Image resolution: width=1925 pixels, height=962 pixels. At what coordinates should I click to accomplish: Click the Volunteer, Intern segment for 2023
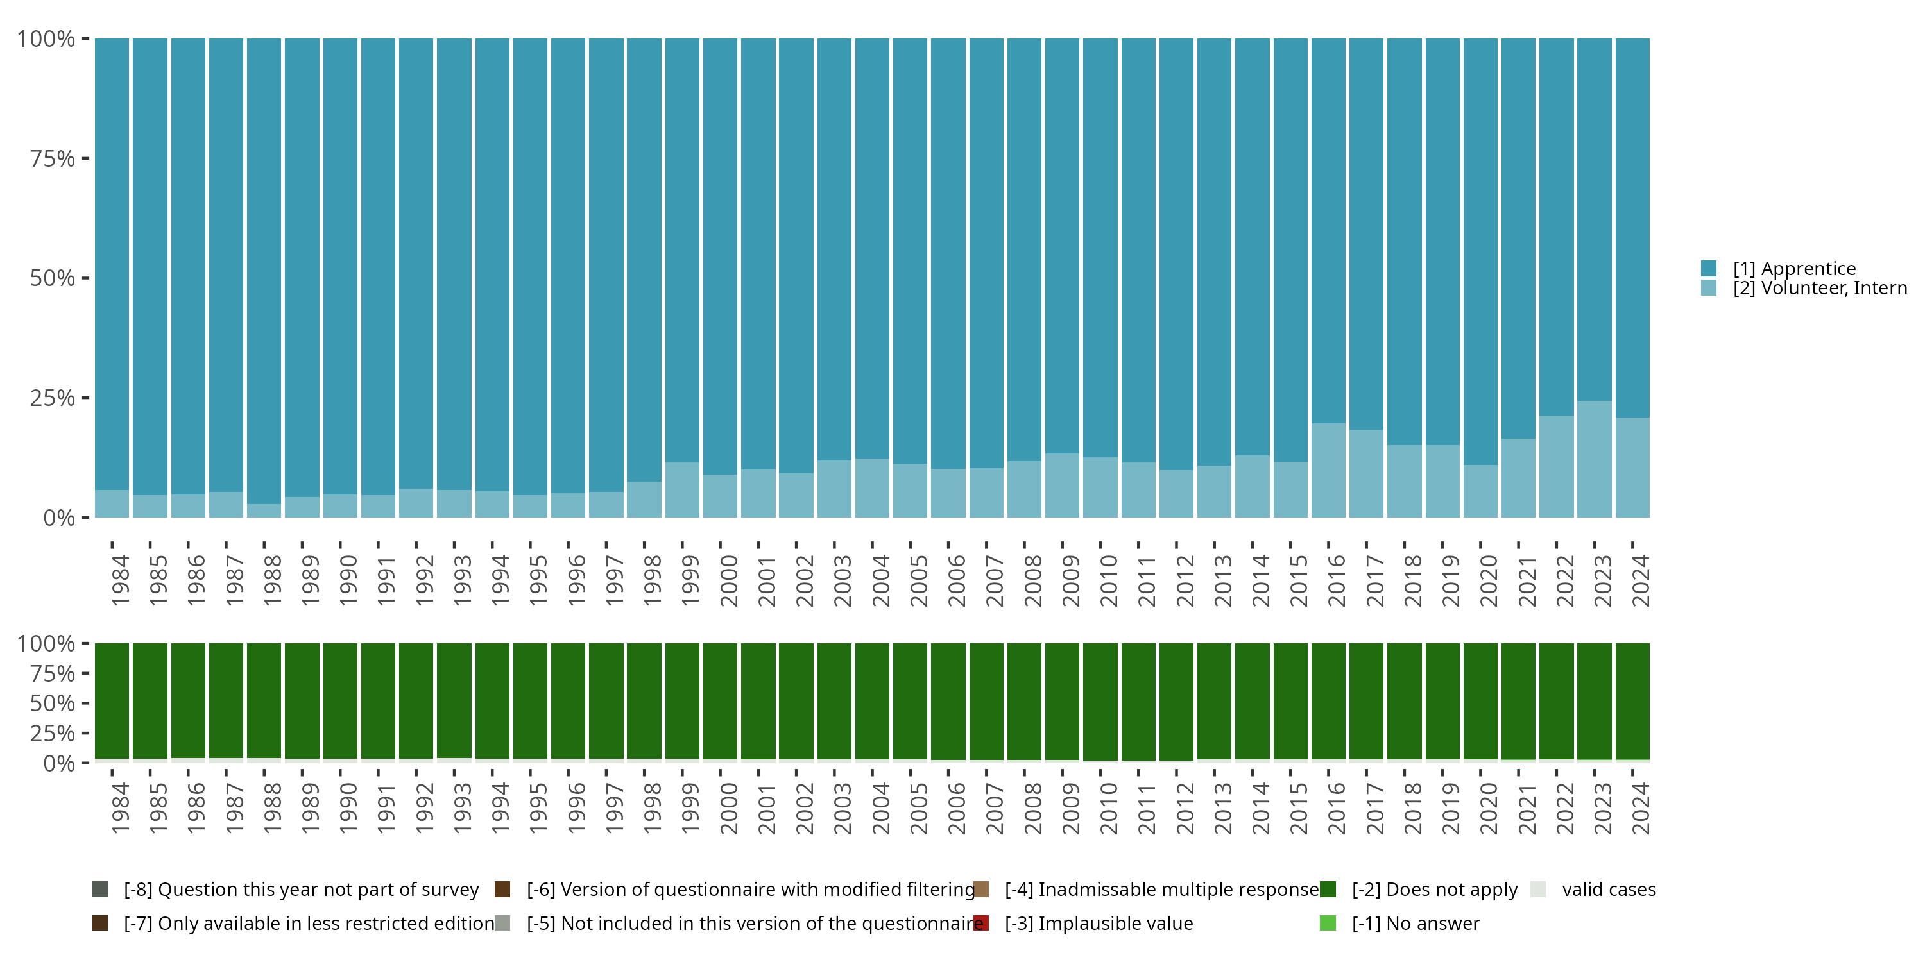(x=1595, y=459)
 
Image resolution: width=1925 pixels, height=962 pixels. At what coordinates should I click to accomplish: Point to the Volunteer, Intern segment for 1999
(x=682, y=489)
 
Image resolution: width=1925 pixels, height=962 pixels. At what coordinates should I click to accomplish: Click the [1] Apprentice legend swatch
(x=1708, y=268)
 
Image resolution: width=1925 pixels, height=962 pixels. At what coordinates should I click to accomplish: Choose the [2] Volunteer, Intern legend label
(x=1820, y=289)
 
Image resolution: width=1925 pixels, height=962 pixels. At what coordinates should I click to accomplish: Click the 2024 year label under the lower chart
(x=1640, y=808)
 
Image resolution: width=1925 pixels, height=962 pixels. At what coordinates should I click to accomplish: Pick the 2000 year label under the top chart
(x=728, y=580)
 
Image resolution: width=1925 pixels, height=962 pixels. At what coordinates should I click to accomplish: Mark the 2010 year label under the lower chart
(x=1108, y=808)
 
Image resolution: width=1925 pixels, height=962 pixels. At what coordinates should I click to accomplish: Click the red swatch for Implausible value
(x=981, y=923)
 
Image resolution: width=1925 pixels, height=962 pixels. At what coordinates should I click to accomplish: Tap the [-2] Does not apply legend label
(x=1434, y=890)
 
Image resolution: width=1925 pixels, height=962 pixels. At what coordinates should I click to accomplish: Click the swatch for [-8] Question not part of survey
(x=100, y=890)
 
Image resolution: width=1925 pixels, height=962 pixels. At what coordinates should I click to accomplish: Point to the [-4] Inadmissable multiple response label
(x=1161, y=890)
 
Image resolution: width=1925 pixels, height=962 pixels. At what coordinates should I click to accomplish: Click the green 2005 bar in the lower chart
(x=910, y=700)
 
